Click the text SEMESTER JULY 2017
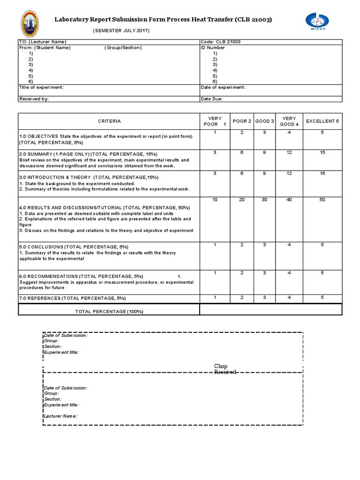[121, 30]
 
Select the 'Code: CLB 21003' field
[221, 42]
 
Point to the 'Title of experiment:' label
[41, 88]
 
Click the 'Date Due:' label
[212, 99]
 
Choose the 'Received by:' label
[34, 99]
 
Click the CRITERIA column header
[109, 121]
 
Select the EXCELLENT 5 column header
[322, 121]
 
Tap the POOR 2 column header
[242, 121]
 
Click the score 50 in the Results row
[322, 200]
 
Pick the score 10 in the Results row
[215, 200]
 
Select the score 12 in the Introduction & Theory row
[289, 174]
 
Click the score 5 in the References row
[322, 298]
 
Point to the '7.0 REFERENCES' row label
[72, 298]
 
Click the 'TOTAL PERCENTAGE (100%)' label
[109, 311]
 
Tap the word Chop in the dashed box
[221, 366]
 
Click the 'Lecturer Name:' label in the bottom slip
[60, 416]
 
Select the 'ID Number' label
[213, 47]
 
